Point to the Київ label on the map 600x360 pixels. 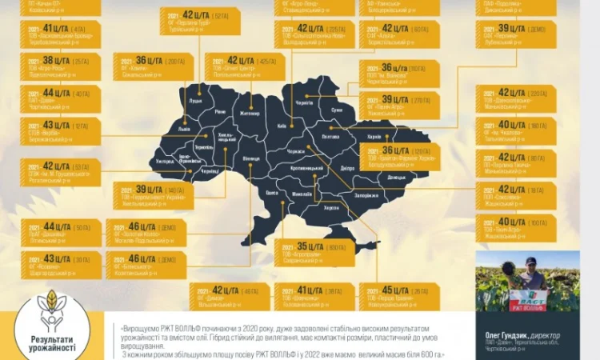pos(281,126)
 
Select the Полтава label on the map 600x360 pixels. pos(329,137)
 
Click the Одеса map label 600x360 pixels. pos(272,193)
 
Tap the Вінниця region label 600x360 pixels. pos(252,158)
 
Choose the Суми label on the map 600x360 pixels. pos(336,110)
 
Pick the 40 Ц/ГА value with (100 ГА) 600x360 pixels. pos(512,222)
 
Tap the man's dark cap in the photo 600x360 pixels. pos(530,261)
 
